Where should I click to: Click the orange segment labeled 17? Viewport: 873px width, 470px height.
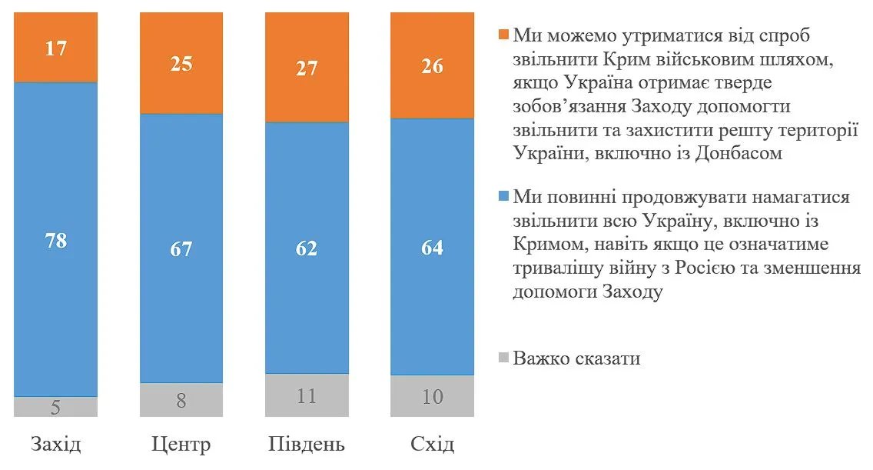click(x=56, y=48)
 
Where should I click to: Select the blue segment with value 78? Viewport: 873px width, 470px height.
click(x=56, y=239)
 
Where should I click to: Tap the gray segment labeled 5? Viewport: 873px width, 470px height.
click(x=56, y=407)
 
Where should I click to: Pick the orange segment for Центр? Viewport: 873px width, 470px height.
click(x=181, y=64)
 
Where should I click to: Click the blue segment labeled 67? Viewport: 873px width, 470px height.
click(x=181, y=248)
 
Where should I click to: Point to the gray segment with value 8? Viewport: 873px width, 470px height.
click(x=181, y=399)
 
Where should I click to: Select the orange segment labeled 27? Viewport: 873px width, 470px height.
click(x=307, y=68)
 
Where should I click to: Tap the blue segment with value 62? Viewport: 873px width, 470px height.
click(x=307, y=248)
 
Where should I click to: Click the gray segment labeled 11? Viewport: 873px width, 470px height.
click(x=307, y=395)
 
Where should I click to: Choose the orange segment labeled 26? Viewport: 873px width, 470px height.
click(x=433, y=66)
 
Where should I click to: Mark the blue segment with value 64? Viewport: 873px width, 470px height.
click(x=433, y=248)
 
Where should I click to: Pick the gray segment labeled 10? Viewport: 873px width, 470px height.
click(x=433, y=396)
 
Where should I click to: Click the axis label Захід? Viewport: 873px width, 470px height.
click(x=56, y=444)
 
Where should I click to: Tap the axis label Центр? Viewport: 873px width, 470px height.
click(x=181, y=444)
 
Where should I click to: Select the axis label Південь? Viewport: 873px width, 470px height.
click(x=307, y=445)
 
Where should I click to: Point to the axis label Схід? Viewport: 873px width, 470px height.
click(x=433, y=444)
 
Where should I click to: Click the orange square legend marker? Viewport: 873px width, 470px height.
click(x=504, y=35)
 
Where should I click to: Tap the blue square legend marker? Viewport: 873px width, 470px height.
click(x=504, y=196)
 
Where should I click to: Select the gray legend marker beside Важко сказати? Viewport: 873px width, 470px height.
click(x=504, y=357)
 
